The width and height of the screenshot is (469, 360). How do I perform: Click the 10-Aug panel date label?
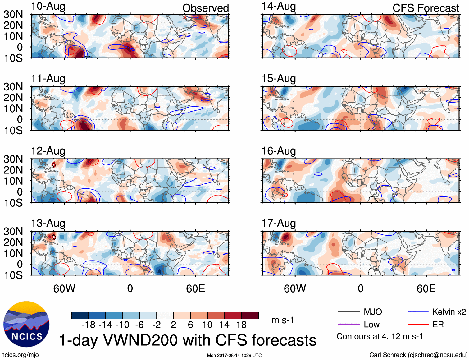[x=48, y=7]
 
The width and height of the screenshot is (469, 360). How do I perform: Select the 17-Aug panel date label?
[x=279, y=223]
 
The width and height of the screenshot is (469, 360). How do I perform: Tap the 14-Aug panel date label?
[x=279, y=7]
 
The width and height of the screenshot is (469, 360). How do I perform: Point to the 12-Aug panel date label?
[x=48, y=151]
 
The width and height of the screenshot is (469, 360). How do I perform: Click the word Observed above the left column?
[x=205, y=8]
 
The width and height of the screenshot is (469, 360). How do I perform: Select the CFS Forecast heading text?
[x=426, y=8]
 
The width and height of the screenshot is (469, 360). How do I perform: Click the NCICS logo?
[x=26, y=324]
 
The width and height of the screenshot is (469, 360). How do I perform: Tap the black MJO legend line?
[x=349, y=312]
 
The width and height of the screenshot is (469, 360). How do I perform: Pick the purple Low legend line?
[x=349, y=325]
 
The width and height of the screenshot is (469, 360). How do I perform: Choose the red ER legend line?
[x=418, y=325]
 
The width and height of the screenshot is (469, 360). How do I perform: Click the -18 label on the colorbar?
[x=89, y=325]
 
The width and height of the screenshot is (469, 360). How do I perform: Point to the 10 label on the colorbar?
[x=207, y=325]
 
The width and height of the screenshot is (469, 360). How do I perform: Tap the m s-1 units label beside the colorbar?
[x=283, y=320]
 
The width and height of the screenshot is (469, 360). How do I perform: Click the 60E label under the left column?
[x=195, y=288]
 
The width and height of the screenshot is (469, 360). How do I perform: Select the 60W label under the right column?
[x=295, y=288]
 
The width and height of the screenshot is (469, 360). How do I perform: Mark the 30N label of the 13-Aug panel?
[x=13, y=231]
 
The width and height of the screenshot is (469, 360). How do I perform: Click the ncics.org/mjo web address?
[x=20, y=355]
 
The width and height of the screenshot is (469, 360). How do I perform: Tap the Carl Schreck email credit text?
[x=418, y=355]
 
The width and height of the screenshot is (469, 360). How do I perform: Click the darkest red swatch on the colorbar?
[x=250, y=315]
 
